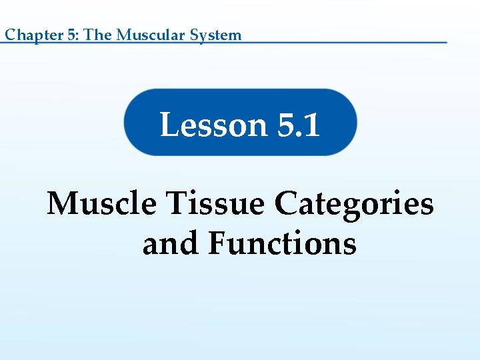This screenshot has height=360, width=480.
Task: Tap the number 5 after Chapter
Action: click(71, 35)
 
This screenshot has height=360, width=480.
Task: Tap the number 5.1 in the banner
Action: click(297, 124)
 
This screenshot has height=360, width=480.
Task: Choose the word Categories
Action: click(354, 203)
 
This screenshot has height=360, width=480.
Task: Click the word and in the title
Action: click(169, 243)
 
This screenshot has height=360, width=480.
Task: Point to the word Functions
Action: click(282, 243)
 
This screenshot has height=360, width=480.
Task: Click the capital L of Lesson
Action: click(169, 124)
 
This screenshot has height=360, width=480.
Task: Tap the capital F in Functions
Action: click(217, 243)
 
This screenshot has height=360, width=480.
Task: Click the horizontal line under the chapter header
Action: click(333, 43)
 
